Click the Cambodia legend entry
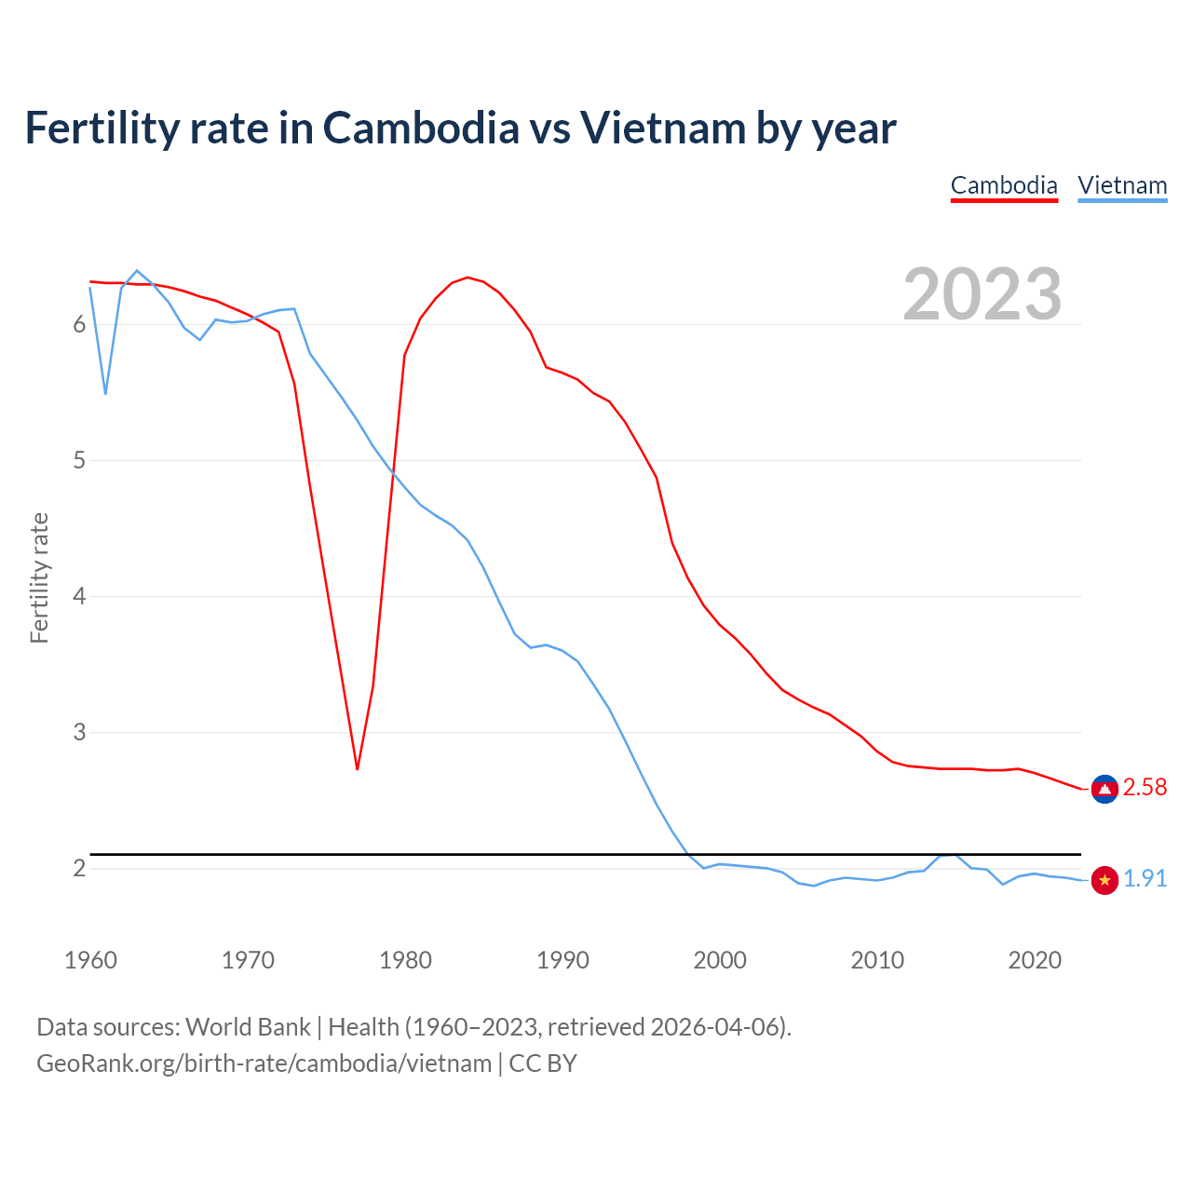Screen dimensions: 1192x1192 point(1004,185)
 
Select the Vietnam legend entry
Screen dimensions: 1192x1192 point(1122,185)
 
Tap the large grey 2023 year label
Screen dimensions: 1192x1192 point(982,294)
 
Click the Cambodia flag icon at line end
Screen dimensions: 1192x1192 point(1104,789)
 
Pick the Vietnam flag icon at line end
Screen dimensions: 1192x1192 point(1104,880)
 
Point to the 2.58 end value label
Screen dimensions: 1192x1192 point(1145,788)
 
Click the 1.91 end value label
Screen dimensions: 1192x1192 point(1145,879)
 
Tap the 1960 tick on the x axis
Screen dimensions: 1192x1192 point(90,960)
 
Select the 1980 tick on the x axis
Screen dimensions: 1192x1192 point(405,960)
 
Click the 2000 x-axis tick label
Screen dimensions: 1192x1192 point(720,960)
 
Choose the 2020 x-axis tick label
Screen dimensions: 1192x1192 point(1035,960)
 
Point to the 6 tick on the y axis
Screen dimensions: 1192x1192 point(79,325)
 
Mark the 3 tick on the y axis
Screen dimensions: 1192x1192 point(79,733)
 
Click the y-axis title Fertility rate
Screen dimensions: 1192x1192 point(39,577)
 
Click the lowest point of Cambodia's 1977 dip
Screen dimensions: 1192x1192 point(358,768)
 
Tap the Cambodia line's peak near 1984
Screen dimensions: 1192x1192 point(467,278)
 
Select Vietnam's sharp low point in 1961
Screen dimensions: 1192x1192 point(106,393)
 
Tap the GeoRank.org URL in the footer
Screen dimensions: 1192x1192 point(264,1063)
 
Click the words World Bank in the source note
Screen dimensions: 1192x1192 point(248,1027)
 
